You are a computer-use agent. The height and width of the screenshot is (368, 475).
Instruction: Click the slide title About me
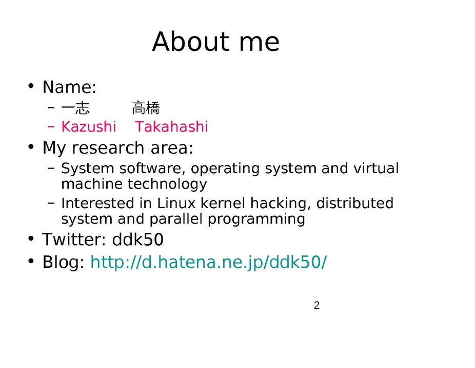coord(215,42)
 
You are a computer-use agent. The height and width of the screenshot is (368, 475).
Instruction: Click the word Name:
coord(69,87)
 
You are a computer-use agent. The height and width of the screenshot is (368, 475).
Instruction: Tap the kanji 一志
coord(75,108)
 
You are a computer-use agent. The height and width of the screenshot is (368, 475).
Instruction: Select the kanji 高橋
coord(146,108)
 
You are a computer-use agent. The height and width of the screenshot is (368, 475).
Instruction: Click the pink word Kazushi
coord(88,126)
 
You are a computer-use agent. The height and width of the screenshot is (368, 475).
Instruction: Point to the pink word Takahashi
coord(171,126)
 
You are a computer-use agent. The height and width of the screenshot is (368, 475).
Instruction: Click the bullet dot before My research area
coord(31,147)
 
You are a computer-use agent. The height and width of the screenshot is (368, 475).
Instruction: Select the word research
coord(108,148)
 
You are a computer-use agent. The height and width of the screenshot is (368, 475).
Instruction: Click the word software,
coord(152,168)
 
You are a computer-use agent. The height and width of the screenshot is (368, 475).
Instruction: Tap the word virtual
coord(376,168)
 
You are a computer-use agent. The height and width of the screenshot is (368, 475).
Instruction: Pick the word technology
coord(167,184)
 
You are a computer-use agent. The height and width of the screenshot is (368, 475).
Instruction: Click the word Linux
coord(176,203)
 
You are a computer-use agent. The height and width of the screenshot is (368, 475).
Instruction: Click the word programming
coord(256,219)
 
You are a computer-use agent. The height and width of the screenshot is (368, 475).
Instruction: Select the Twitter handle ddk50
coord(138,240)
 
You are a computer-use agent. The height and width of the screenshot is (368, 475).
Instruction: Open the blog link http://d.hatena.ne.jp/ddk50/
coord(209,262)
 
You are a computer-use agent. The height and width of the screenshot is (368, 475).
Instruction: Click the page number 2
coord(317,305)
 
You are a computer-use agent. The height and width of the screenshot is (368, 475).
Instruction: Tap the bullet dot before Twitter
coord(31,238)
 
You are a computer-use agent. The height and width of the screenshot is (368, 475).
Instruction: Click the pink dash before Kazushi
coord(51,127)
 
